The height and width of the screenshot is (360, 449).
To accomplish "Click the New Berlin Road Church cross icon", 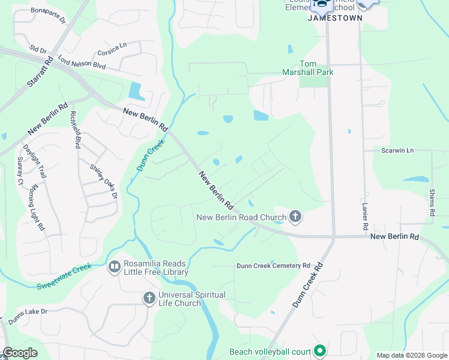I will click(x=295, y=216).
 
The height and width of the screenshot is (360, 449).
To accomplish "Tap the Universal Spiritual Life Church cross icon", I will click(x=149, y=298).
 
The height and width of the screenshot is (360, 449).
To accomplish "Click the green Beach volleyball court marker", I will click(x=320, y=352).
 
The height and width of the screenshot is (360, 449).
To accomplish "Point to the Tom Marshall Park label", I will click(x=316, y=68).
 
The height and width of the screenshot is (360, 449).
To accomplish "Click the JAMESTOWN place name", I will click(x=335, y=18).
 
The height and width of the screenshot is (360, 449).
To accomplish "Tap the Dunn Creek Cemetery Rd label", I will click(x=273, y=265).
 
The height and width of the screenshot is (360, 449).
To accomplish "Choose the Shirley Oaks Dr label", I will click(x=103, y=181).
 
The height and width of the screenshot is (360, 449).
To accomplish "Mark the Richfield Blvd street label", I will click(x=75, y=130).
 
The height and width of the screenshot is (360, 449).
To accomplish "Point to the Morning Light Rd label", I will click(x=37, y=208).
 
